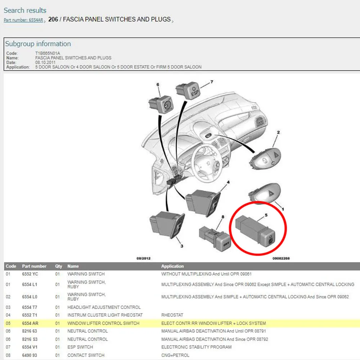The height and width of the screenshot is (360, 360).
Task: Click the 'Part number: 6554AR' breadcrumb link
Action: click(23, 20)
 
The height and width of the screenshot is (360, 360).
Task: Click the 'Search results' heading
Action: click(25, 10)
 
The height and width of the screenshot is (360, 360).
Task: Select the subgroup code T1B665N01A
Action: click(48, 53)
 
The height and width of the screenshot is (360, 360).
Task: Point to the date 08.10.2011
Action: click(45, 62)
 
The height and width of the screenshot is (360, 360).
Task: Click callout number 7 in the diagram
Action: click(212, 81)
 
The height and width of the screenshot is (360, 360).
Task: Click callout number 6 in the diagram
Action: click(158, 85)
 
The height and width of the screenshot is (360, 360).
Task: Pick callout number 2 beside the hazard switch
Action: click(278, 132)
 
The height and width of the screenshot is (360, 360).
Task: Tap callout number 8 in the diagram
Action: click(223, 217)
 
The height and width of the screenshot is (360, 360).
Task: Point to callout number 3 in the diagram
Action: click(182, 246)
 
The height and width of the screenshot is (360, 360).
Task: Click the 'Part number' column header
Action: click(34, 266)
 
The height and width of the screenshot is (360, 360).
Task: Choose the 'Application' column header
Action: click(172, 266)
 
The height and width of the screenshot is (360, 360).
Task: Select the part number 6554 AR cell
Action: click(30, 323)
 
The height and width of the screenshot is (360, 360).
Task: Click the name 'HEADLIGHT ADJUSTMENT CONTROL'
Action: click(104, 307)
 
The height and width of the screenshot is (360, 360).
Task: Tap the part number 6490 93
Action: click(30, 355)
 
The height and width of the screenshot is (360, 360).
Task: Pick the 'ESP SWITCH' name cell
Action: click(80, 347)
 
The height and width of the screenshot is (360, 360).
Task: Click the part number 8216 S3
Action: click(30, 339)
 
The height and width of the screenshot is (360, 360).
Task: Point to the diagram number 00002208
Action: click(281, 258)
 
